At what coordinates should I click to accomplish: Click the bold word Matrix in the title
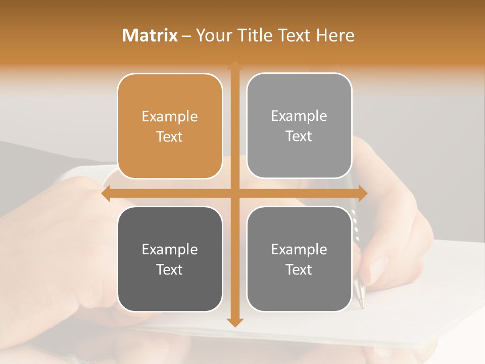pyautogui.click(x=150, y=35)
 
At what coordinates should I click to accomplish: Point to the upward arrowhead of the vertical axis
pyautogui.click(x=234, y=65)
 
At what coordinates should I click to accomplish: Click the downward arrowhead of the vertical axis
pyautogui.click(x=234, y=322)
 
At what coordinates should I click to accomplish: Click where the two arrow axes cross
pyautogui.click(x=234, y=194)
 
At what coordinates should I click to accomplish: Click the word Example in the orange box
pyautogui.click(x=170, y=117)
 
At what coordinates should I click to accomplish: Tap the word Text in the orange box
pyautogui.click(x=170, y=136)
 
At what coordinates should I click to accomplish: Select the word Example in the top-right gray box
pyautogui.click(x=299, y=116)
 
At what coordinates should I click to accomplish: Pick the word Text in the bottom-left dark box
pyautogui.click(x=170, y=269)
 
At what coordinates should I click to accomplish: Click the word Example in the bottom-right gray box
pyautogui.click(x=299, y=249)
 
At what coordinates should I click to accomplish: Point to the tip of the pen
pyautogui.click(x=361, y=305)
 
